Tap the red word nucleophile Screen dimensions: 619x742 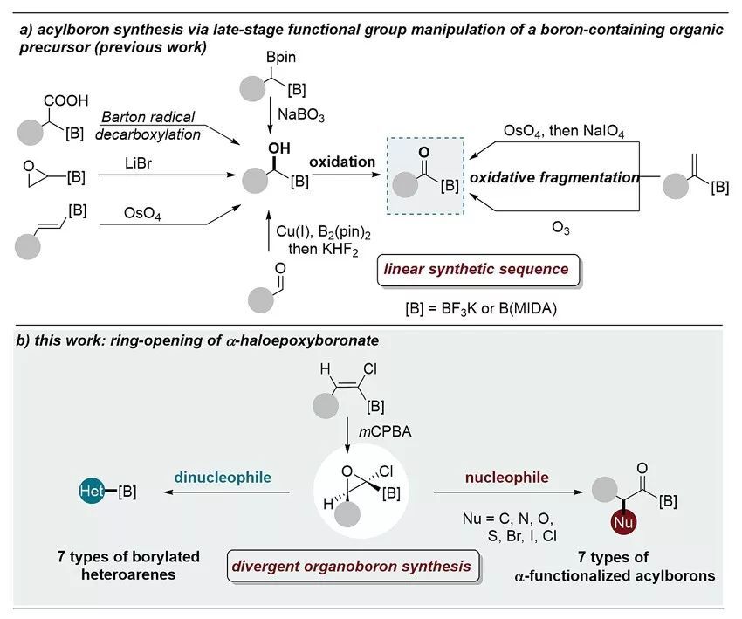coord(520,478)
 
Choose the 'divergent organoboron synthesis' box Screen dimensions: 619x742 coord(350,566)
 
